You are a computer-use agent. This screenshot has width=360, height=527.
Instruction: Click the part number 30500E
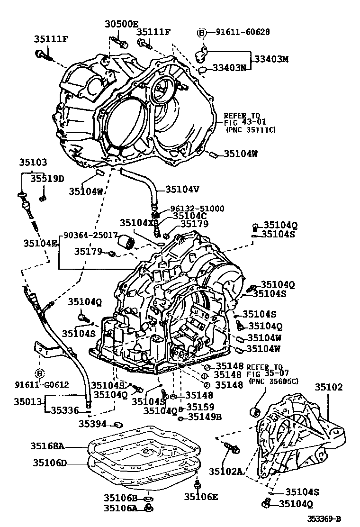[x=121, y=24]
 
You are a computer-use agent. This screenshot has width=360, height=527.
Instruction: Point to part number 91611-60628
[x=243, y=32]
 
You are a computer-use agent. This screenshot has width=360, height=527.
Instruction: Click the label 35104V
[x=182, y=189]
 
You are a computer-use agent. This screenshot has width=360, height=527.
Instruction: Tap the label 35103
[x=33, y=162]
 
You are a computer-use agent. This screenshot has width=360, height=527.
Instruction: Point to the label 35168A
[x=47, y=445]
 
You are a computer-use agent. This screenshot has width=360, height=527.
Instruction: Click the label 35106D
[x=50, y=463]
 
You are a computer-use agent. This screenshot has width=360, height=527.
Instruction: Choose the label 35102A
[x=227, y=471]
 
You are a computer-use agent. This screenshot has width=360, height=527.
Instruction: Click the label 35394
[x=92, y=423]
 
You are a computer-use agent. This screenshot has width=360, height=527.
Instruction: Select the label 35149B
[x=205, y=417]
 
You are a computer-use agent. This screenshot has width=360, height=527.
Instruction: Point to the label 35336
[x=65, y=410]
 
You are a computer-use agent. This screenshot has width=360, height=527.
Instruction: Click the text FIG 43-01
[x=241, y=122]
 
